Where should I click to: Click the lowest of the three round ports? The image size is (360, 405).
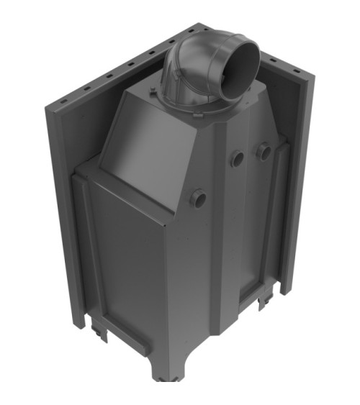point(197,198)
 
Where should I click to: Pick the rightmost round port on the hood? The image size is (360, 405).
point(264,151)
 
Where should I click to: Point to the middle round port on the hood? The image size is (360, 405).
point(236,159)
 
